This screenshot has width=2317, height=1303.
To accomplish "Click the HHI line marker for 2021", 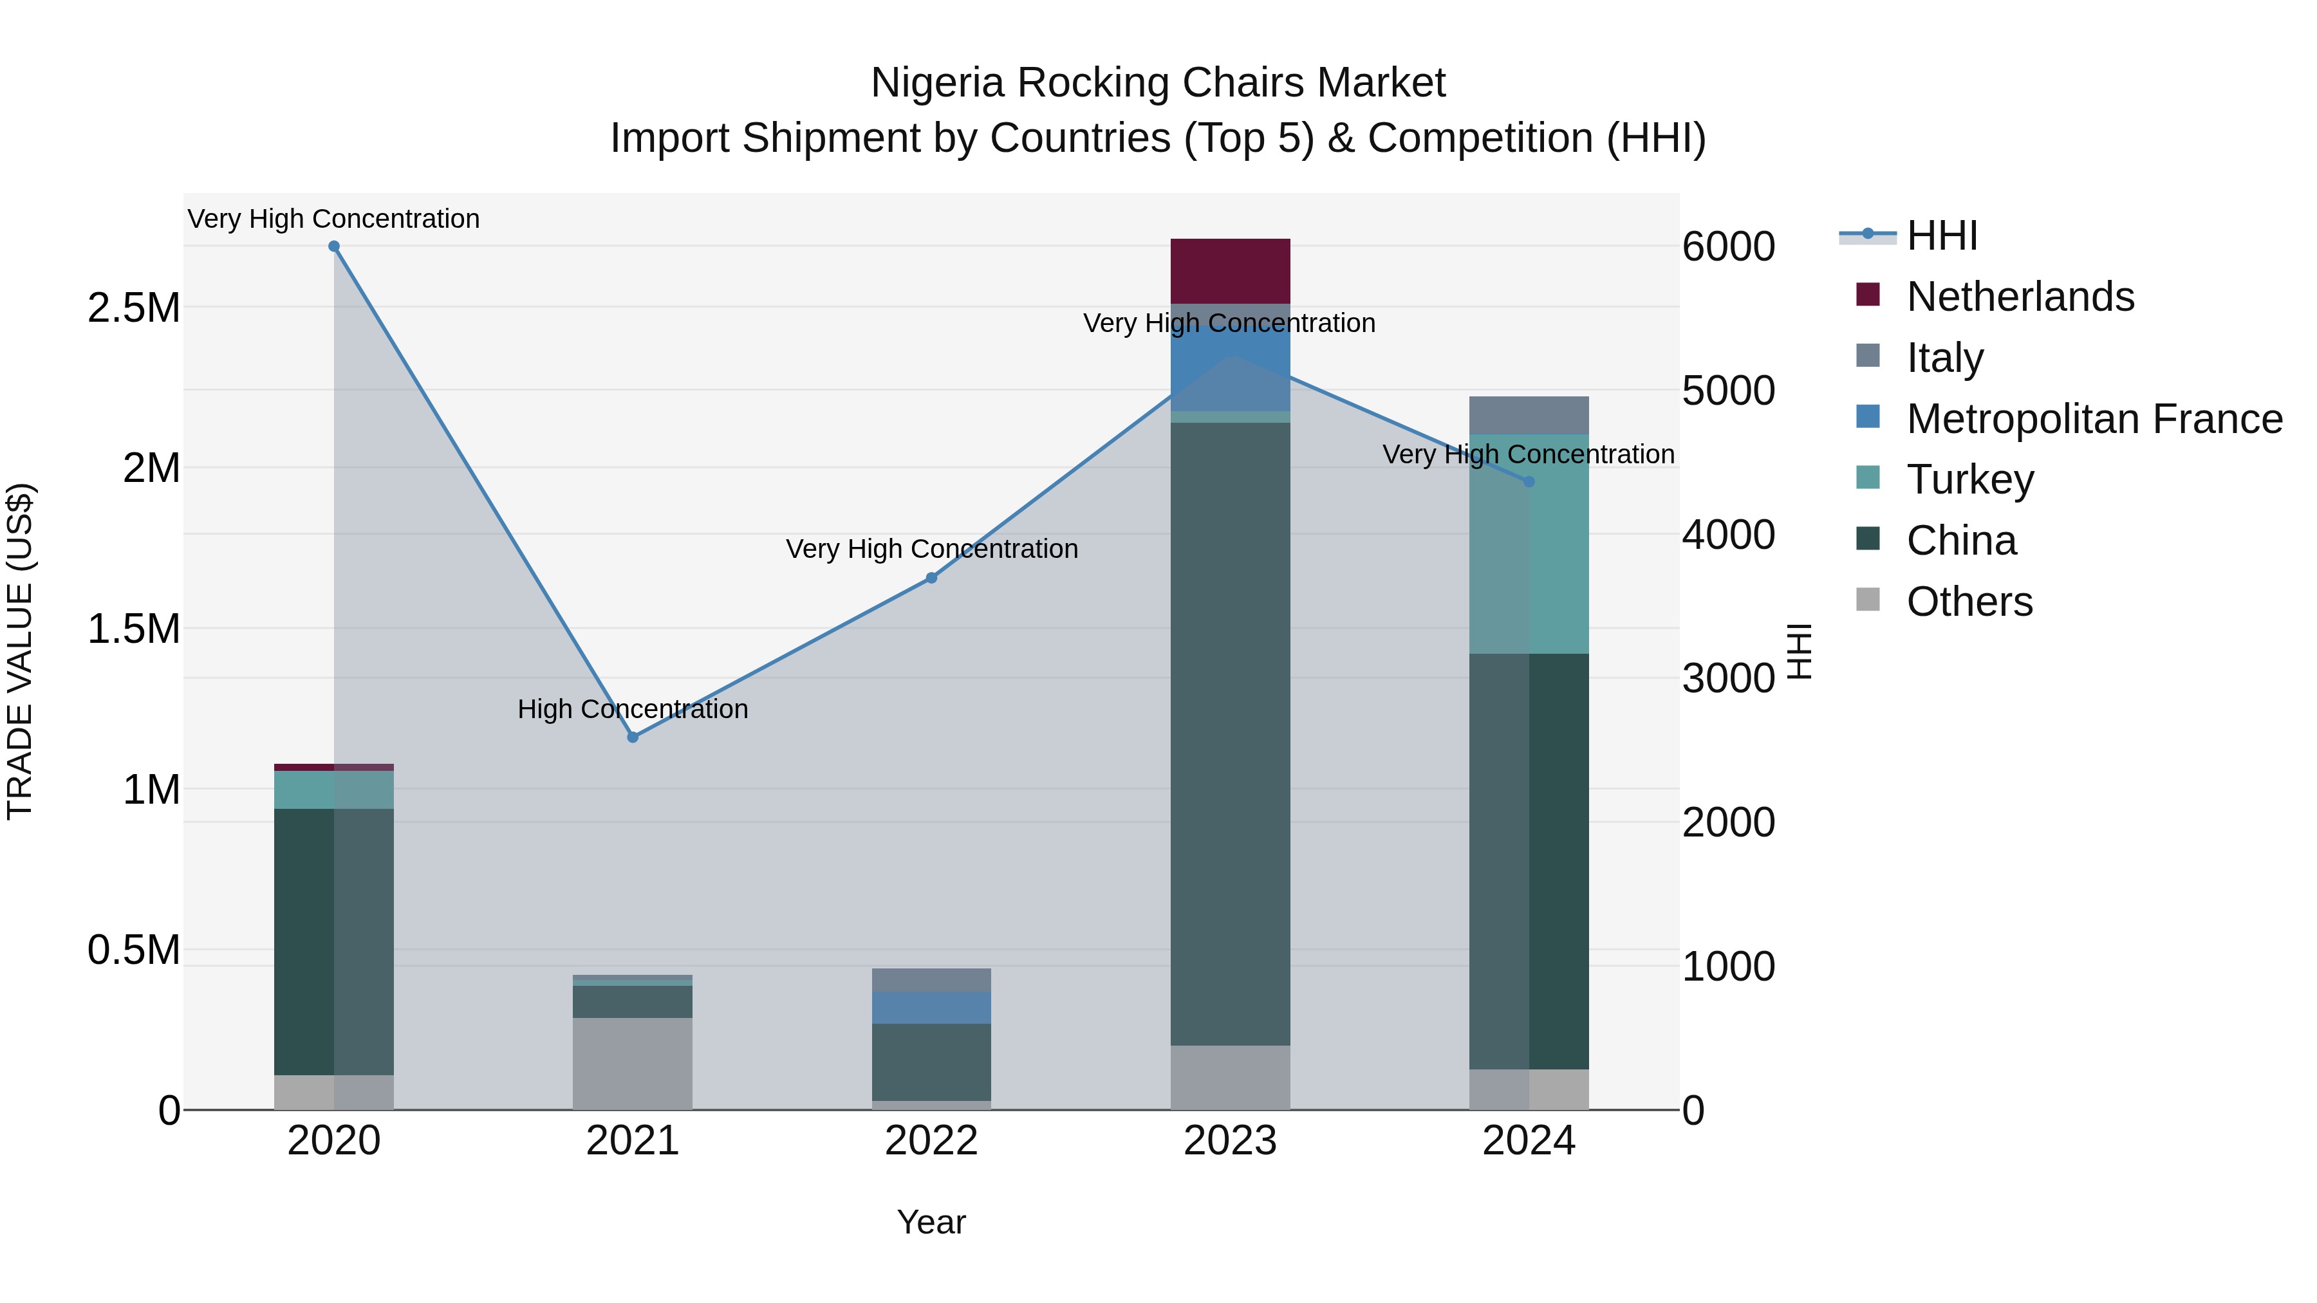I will [632, 737].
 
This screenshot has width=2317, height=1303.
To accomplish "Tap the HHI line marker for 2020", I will [333, 246].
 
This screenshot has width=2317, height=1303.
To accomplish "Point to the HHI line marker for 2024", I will [1529, 482].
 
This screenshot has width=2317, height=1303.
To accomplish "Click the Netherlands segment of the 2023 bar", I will [1229, 271].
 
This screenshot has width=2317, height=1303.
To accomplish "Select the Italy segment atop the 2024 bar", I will [1529, 416].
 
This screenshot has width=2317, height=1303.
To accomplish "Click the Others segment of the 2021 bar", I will [632, 1063].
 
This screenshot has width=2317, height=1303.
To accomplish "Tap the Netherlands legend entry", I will [2019, 297].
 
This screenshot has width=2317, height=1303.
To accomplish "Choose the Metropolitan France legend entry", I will [2094, 419].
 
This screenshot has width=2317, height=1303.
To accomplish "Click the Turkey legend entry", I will [1970, 479].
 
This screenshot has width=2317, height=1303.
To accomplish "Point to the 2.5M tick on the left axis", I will [133, 308].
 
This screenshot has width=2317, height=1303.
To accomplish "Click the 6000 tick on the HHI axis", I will [1728, 247].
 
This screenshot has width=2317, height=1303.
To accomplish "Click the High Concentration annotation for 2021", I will [632, 710].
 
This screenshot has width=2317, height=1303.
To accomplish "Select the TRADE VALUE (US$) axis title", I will [20, 651].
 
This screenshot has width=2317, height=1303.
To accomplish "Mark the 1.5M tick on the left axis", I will [133, 629].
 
